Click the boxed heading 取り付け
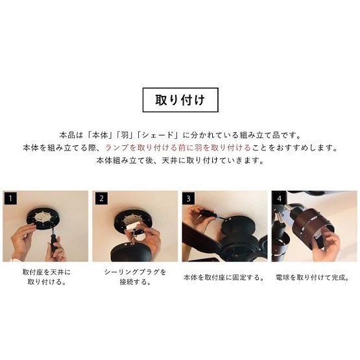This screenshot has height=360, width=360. click(x=180, y=101)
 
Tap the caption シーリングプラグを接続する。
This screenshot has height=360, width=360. click(x=135, y=277)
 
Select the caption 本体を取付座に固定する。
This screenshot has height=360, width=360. click(x=224, y=277)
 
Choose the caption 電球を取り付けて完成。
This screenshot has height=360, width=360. click(x=313, y=277)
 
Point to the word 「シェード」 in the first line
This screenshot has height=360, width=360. click(x=160, y=135)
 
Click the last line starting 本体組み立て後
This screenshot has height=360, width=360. click(x=180, y=160)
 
